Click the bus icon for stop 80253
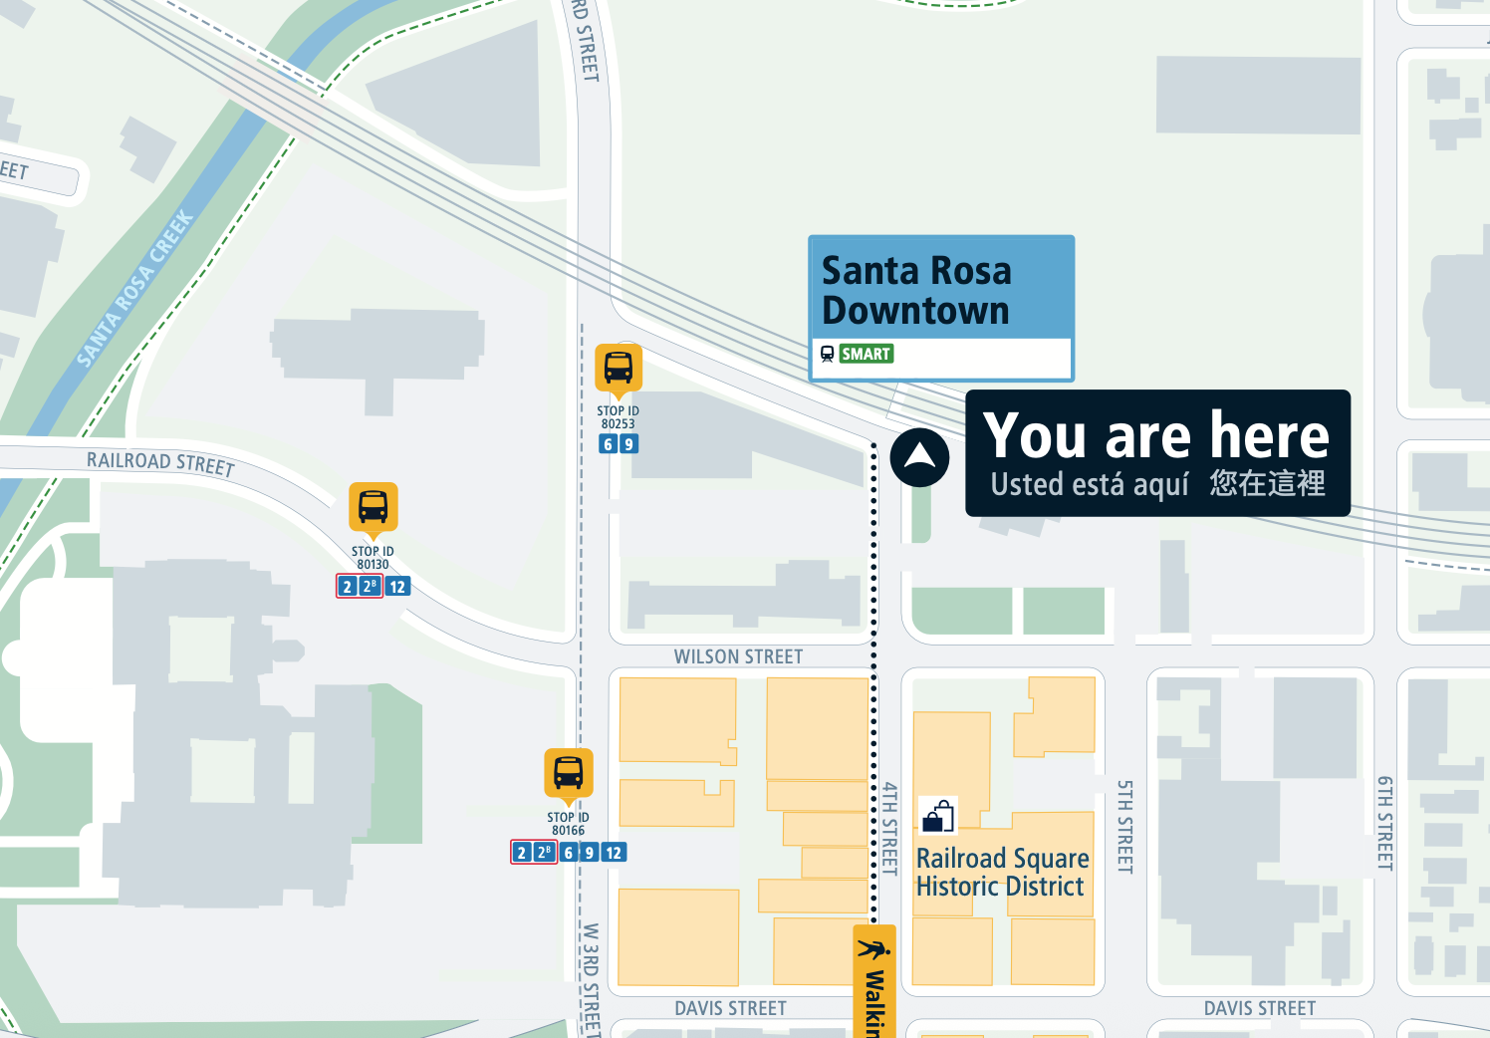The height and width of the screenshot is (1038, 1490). [x=618, y=368]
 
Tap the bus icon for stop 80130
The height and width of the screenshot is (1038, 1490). [x=372, y=507]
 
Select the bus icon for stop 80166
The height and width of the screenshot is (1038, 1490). [x=568, y=773]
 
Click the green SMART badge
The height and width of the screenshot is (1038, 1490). [x=866, y=354]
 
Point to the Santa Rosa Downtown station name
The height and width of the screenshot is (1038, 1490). [x=916, y=290]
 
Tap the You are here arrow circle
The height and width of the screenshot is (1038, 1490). [x=919, y=457]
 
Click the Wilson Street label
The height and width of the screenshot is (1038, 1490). [x=738, y=656]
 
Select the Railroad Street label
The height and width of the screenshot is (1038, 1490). [x=160, y=463]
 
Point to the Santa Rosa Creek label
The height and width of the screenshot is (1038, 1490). [x=135, y=288]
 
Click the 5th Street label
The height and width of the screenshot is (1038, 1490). [x=1124, y=826]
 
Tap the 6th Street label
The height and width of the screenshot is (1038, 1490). [x=1384, y=823]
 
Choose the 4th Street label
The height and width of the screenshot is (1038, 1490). [x=889, y=828]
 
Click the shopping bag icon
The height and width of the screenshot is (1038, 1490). [x=937, y=816]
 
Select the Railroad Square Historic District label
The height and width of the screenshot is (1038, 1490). [x=1002, y=872]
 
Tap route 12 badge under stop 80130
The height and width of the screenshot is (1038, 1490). [x=397, y=587]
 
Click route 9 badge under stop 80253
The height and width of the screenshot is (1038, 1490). [x=628, y=444]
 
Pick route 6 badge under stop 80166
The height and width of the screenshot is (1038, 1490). [x=569, y=853]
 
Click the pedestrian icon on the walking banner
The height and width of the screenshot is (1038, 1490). [x=873, y=948]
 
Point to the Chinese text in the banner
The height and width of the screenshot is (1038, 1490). [x=1267, y=483]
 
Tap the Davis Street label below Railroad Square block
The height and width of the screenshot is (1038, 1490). [x=1259, y=1008]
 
